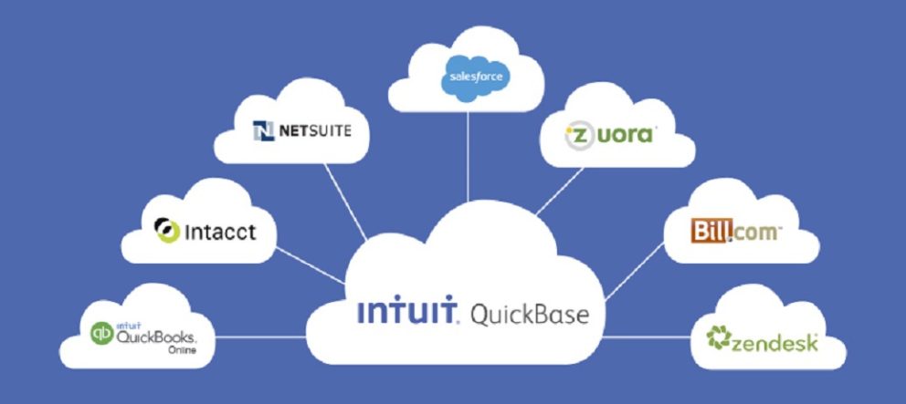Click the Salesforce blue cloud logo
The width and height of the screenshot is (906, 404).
click(471, 76)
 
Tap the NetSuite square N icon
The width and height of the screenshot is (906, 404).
click(264, 132)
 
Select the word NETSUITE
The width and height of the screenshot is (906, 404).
click(314, 132)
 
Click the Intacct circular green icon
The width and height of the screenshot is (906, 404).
click(167, 231)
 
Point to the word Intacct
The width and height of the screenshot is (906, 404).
click(219, 232)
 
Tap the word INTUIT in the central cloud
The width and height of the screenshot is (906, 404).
click(406, 314)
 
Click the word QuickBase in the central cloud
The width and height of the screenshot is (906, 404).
click(529, 316)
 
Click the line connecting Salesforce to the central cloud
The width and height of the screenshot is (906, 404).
click(468, 155)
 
